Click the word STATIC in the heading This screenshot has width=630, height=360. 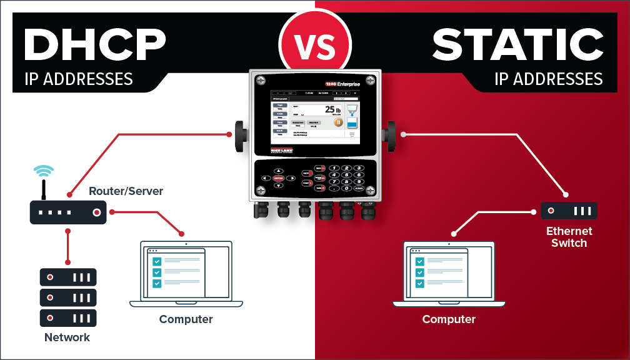tap(517, 46)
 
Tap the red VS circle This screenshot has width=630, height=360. tap(314, 42)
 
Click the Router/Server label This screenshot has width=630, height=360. tap(126, 191)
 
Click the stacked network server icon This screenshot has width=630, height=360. tap(68, 297)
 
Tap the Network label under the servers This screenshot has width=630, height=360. tap(67, 337)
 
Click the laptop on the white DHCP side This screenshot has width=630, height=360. tap(186, 274)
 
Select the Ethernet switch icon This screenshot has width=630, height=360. tap(569, 211)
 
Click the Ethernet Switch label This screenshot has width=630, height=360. tap(569, 237)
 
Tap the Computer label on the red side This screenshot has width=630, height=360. tap(449, 319)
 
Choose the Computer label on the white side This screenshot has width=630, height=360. tap(186, 319)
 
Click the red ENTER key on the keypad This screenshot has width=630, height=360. tap(278, 178)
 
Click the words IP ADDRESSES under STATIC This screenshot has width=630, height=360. tap(548, 79)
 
